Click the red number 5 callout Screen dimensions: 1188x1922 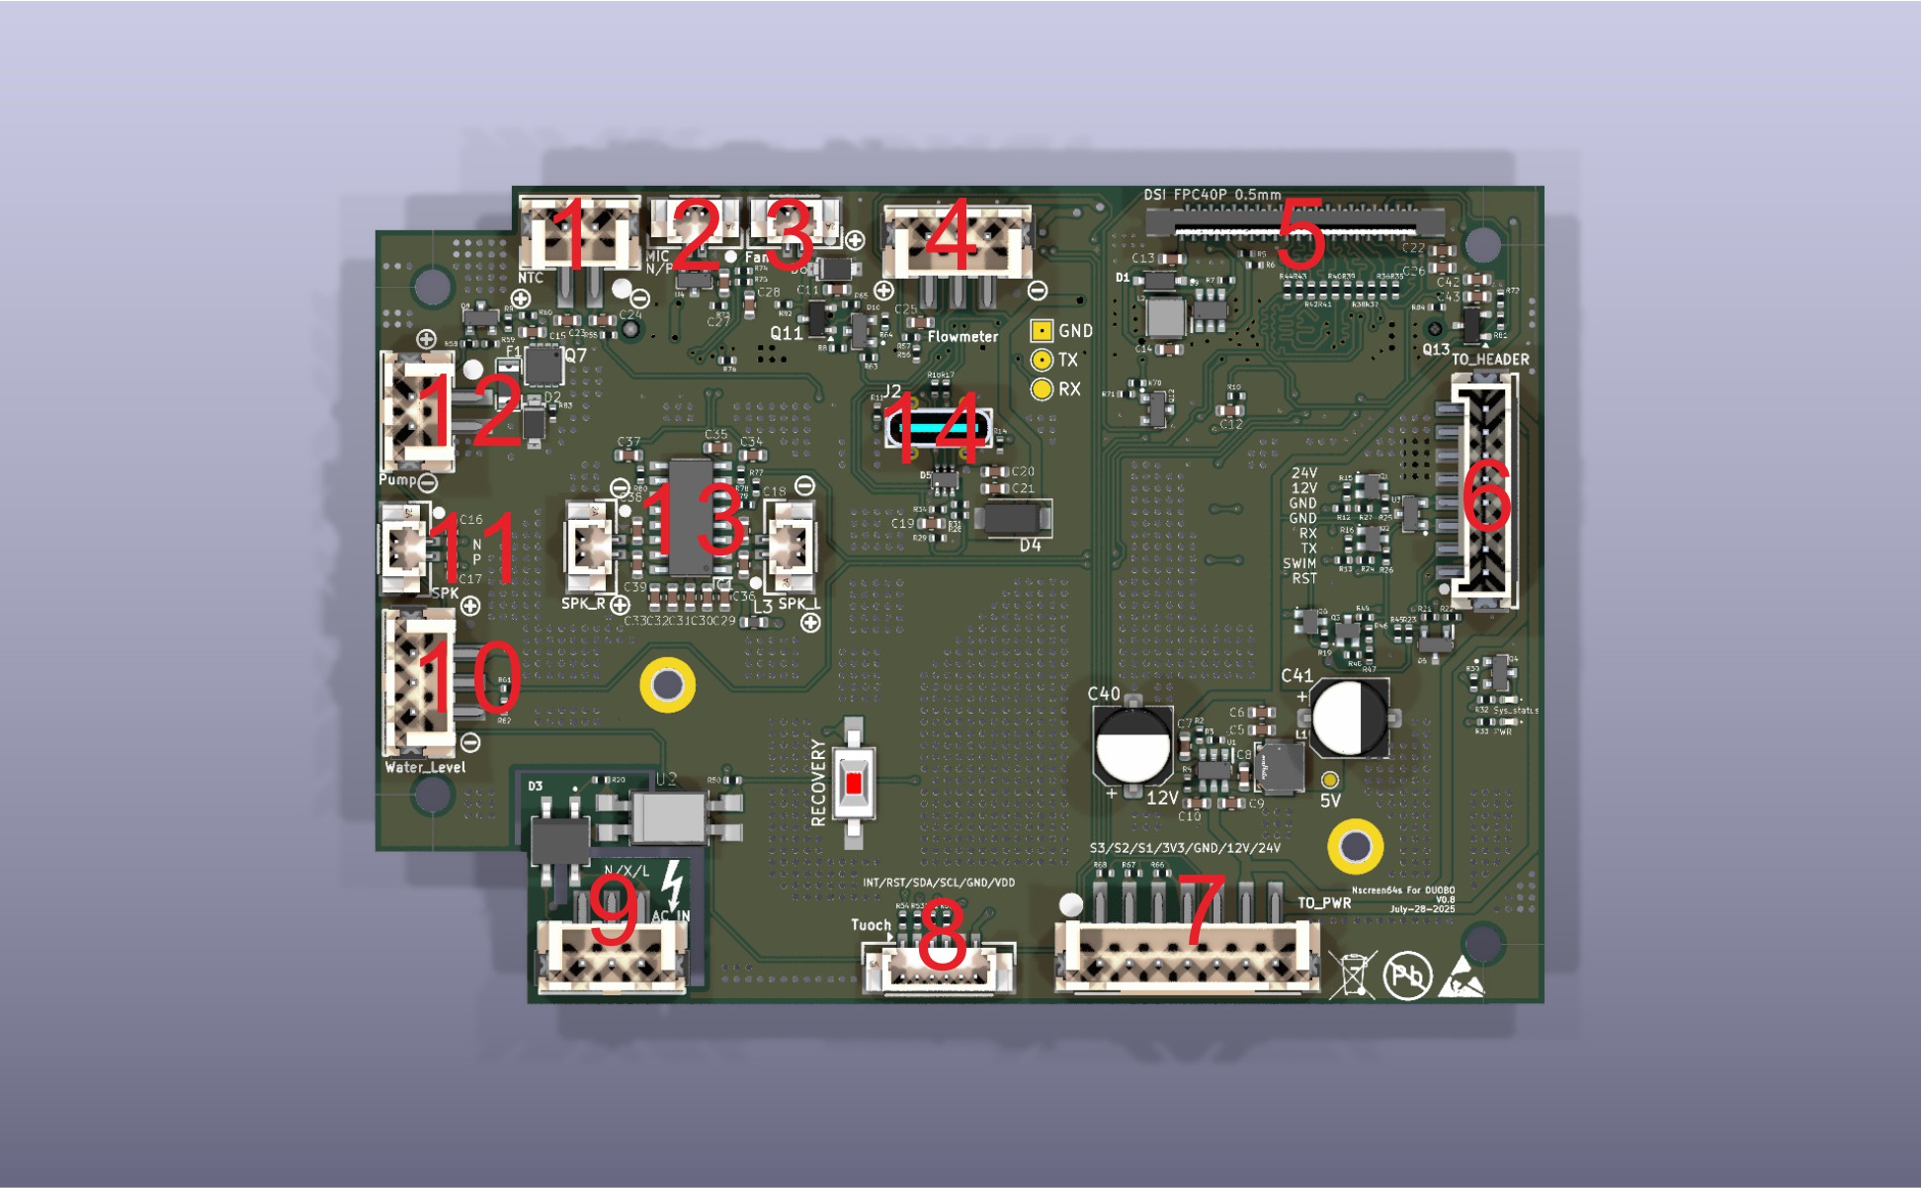1300,233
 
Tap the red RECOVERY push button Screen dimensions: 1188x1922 854,784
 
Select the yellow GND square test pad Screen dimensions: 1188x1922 1041,331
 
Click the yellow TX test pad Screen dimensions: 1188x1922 1041,361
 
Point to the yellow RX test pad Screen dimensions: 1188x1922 1041,389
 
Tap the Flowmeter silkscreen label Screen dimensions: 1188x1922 962,337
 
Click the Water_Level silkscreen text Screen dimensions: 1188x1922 425,767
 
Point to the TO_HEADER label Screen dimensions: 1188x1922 1489,360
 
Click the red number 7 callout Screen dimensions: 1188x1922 1204,910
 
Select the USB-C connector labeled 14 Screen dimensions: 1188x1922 936,428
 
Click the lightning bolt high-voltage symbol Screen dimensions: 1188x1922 672,884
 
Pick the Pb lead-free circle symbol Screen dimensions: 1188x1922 1407,976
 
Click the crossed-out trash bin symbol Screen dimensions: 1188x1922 1353,976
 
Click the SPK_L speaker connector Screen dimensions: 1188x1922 792,544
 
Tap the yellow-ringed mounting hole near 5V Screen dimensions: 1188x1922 1355,846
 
